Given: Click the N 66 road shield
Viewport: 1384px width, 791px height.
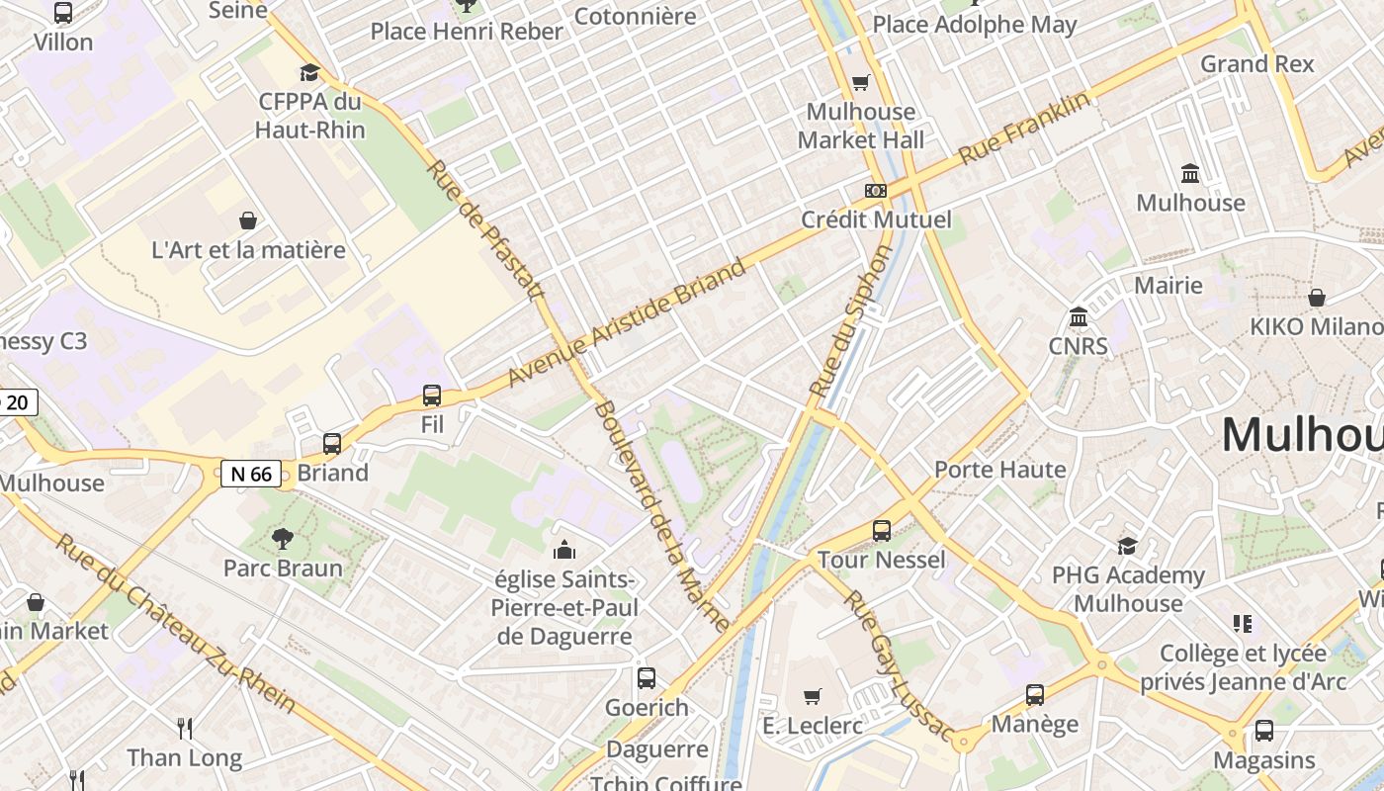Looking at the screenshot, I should (x=250, y=474).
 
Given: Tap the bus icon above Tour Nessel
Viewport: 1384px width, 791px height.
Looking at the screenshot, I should (x=882, y=531).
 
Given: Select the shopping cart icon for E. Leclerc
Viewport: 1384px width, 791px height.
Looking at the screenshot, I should (x=813, y=697).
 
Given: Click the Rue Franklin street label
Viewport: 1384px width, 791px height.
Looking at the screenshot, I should (x=1024, y=128).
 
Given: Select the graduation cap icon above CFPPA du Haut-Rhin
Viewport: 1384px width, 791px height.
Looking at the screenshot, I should (x=310, y=72).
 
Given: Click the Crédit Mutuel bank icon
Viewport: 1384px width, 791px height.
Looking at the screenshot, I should (x=876, y=190).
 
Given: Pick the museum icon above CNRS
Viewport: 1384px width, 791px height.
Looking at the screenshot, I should (x=1079, y=317).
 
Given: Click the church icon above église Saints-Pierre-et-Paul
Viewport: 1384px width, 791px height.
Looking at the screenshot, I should (x=564, y=550).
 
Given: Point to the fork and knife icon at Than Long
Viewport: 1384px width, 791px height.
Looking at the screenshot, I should (x=184, y=729).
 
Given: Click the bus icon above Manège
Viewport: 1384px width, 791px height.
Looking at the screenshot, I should (x=1035, y=695).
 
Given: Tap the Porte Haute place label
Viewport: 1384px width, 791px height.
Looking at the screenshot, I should (x=1000, y=469).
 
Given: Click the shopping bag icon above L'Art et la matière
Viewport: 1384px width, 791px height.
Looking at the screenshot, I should (x=248, y=220).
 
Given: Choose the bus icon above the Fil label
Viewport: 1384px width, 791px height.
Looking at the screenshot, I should (x=432, y=395).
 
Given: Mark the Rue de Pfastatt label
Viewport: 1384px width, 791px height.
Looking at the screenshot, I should (x=486, y=231).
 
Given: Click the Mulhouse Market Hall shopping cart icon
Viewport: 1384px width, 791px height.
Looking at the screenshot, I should (x=860, y=83).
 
